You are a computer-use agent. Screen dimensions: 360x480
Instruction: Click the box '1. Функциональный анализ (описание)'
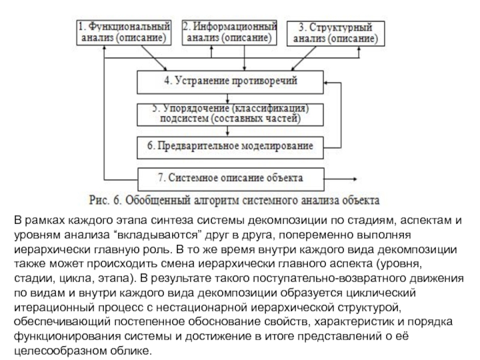125,32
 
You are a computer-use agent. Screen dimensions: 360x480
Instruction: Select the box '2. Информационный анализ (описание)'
230,32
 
